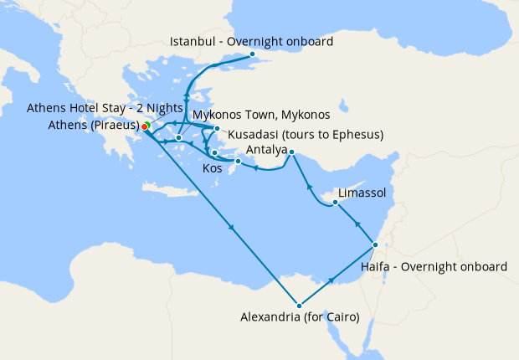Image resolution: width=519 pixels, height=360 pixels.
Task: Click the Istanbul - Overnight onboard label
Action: click(251, 41)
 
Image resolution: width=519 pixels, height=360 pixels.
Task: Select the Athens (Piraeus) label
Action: click(83, 126)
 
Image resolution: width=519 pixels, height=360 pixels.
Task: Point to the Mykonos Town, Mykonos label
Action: click(261, 114)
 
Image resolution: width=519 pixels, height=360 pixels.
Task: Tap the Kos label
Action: click(213, 168)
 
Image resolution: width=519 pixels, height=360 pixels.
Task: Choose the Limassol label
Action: click(362, 193)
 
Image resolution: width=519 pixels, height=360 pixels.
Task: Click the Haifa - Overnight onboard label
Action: click(434, 266)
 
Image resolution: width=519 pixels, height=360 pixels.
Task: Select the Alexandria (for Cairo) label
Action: click(300, 317)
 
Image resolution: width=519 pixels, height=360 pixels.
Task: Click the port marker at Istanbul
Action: click(252, 54)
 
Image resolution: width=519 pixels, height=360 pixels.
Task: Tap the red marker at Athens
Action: click(144, 127)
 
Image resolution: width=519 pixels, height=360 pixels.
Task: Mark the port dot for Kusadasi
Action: click(217, 128)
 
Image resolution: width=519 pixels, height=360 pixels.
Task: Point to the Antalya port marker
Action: click(291, 152)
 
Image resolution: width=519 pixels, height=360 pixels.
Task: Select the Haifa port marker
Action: click(375, 244)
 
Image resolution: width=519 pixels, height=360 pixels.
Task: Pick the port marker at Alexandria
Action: click(298, 304)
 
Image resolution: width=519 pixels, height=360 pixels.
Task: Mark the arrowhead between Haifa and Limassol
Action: click(357, 224)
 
